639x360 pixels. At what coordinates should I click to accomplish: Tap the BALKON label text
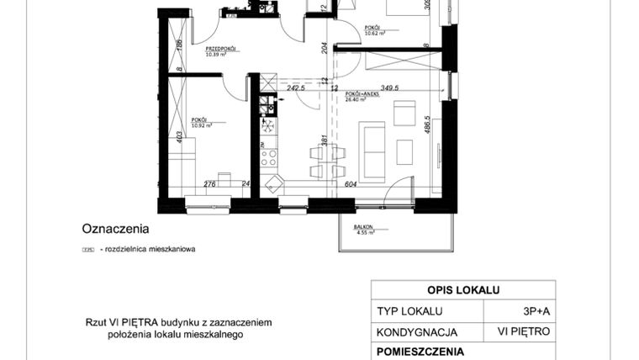click(x=362, y=227)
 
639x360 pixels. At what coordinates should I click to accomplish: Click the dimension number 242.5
click(x=295, y=87)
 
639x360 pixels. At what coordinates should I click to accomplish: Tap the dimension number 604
click(x=351, y=184)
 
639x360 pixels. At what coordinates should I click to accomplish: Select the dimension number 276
click(x=211, y=184)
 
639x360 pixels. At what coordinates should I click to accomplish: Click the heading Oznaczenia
click(x=115, y=228)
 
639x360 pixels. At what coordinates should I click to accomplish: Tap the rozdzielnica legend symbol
click(x=87, y=250)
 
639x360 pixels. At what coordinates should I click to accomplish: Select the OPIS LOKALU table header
click(x=463, y=290)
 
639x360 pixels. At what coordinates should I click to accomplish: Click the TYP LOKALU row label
click(x=409, y=310)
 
